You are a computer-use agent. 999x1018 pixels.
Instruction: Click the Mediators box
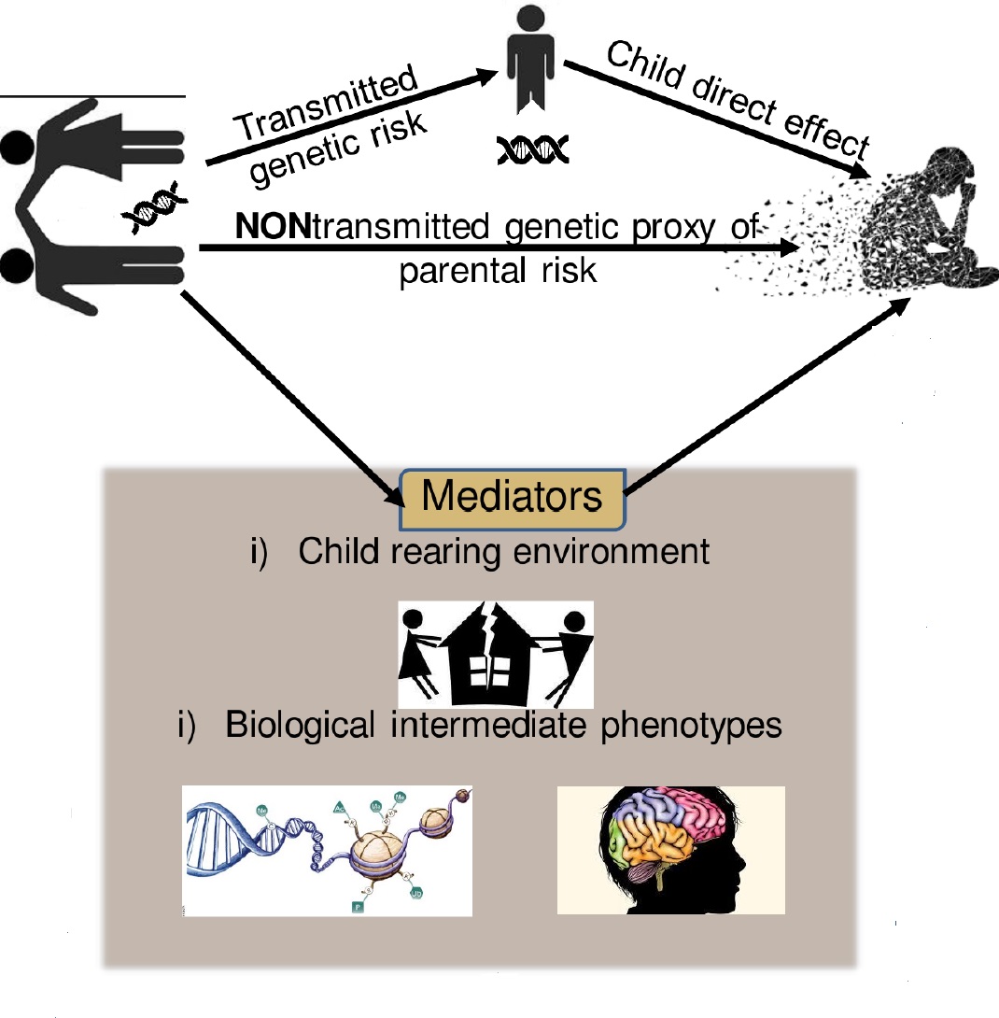tap(512, 497)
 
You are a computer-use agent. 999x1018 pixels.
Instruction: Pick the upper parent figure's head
tap(17, 148)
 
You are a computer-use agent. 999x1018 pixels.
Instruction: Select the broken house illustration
tap(495, 654)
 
